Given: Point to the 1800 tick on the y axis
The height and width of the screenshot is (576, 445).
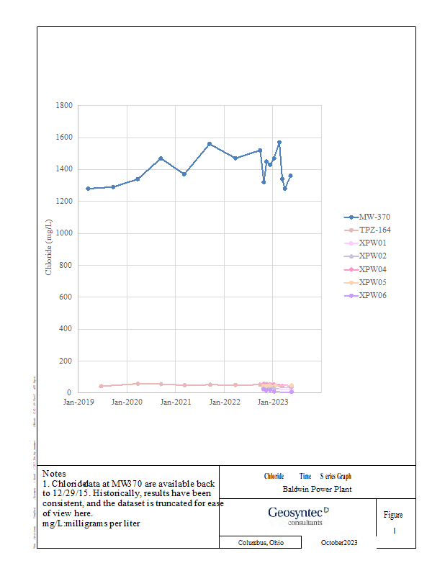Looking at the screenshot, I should pos(64,106).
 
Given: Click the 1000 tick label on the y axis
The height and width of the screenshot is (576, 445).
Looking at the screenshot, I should pos(64,233).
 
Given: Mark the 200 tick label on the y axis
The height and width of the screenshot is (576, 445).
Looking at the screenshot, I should pos(66,361).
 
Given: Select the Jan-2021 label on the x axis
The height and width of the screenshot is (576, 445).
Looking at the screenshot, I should pos(176,402).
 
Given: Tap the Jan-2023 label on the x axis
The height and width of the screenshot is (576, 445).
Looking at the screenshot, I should pos(273,402).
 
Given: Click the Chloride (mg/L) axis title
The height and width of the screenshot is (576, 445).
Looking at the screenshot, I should pos(49,249).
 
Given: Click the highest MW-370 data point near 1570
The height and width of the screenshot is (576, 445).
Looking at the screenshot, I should pos(279,143).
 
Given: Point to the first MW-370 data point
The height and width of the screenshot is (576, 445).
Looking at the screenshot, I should pos(88,189).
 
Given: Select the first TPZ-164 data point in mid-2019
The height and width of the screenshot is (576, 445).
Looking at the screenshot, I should pos(101,386).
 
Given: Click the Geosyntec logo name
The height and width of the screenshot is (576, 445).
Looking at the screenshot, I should pos(295,513).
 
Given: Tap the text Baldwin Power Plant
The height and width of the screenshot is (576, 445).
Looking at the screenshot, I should pos(316,490).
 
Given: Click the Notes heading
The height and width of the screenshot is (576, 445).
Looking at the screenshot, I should pos(55,473).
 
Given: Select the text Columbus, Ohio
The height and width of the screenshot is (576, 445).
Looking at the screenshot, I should pos(261,543).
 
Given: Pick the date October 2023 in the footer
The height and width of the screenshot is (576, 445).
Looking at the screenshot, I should pos(338,543).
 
